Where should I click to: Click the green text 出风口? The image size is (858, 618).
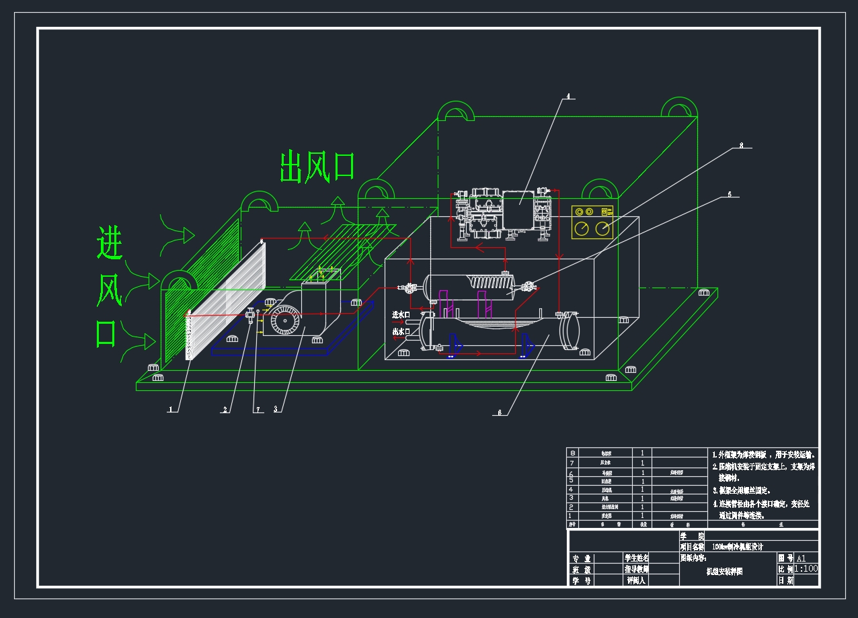(317, 167)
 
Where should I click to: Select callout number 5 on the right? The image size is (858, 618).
(729, 194)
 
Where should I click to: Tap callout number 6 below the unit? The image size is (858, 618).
(499, 413)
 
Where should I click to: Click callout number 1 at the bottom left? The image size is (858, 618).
(171, 409)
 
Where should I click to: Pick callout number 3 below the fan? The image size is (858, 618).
(276, 409)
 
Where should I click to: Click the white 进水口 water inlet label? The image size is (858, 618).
(401, 314)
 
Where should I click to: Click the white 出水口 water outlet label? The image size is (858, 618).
(401, 332)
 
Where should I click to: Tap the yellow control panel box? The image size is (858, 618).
(592, 222)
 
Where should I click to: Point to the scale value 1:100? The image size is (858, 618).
(806, 568)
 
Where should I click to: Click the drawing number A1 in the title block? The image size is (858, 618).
(801, 558)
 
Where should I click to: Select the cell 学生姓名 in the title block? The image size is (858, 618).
(637, 558)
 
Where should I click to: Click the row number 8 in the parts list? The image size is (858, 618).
(572, 453)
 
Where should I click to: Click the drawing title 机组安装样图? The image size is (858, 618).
(724, 572)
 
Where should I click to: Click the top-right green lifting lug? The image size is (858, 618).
(679, 108)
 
